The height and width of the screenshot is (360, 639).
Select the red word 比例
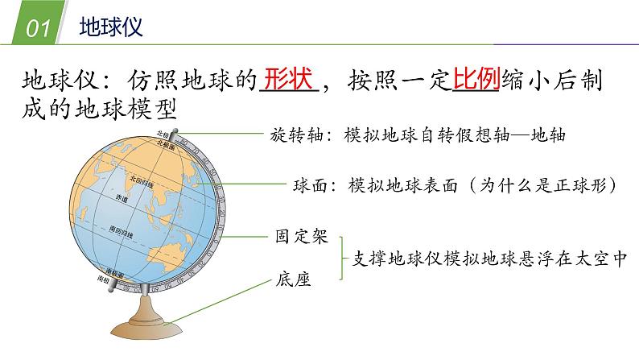[x=476, y=81]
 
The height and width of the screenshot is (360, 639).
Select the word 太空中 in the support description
[x=598, y=259]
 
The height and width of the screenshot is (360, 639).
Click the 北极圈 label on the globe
[x=166, y=143]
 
